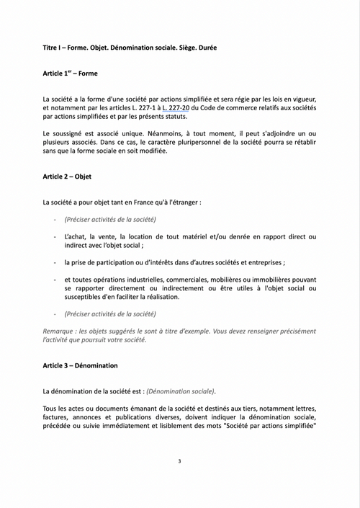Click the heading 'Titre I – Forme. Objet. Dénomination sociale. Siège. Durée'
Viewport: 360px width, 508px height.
(129, 48)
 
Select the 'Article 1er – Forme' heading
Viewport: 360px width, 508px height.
(70, 73)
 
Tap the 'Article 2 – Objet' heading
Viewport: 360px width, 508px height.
(67, 176)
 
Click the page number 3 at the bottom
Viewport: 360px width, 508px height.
(179, 460)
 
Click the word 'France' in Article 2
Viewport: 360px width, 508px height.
(145, 202)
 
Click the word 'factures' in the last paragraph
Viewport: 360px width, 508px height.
(57, 418)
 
